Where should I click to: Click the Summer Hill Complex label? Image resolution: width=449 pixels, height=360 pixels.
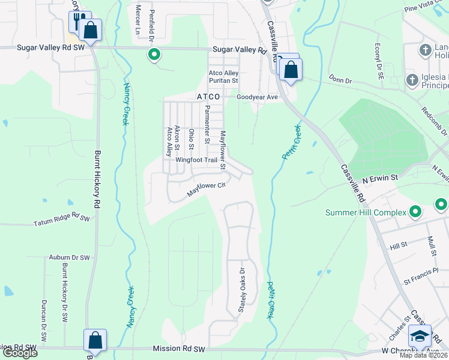[x=366, y=212]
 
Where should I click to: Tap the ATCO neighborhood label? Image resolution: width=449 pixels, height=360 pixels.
[x=208, y=97]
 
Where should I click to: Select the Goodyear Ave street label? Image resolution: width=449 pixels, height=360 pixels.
[x=257, y=97]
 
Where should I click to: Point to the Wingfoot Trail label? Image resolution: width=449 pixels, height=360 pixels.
[x=196, y=160]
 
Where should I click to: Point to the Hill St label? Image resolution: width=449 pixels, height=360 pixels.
[x=398, y=245]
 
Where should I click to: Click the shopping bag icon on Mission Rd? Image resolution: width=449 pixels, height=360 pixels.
[x=95, y=340]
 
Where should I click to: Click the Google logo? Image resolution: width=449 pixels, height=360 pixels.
[x=19, y=353]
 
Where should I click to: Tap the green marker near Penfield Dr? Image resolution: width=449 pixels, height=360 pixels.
[x=154, y=55]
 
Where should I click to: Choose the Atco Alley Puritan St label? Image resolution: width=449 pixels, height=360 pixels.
[x=223, y=76]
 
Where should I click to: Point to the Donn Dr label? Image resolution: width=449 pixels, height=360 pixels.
[x=339, y=79]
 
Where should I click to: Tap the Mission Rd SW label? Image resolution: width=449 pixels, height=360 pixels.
[x=179, y=349]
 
